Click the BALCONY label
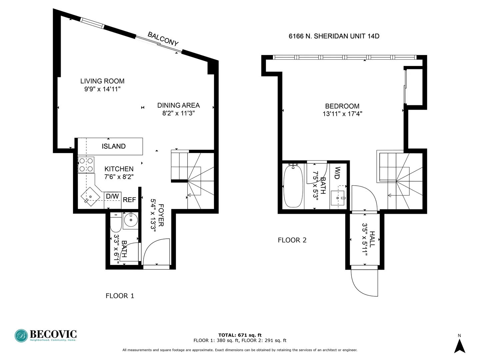point(163,39)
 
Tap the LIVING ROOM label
point(102,81)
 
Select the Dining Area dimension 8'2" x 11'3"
point(178,113)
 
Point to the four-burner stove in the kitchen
point(86,165)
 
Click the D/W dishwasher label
point(112,197)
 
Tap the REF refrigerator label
point(129,200)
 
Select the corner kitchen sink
point(90,197)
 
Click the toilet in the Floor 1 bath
point(116,223)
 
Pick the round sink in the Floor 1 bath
point(131,220)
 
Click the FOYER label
point(161,215)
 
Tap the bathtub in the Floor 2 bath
point(293,186)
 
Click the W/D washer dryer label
point(337,173)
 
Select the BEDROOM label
point(342,106)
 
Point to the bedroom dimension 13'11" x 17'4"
point(342,114)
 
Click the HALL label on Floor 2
point(372,239)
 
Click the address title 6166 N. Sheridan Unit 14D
point(334,36)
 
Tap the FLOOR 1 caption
point(120,296)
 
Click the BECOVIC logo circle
point(21,336)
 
